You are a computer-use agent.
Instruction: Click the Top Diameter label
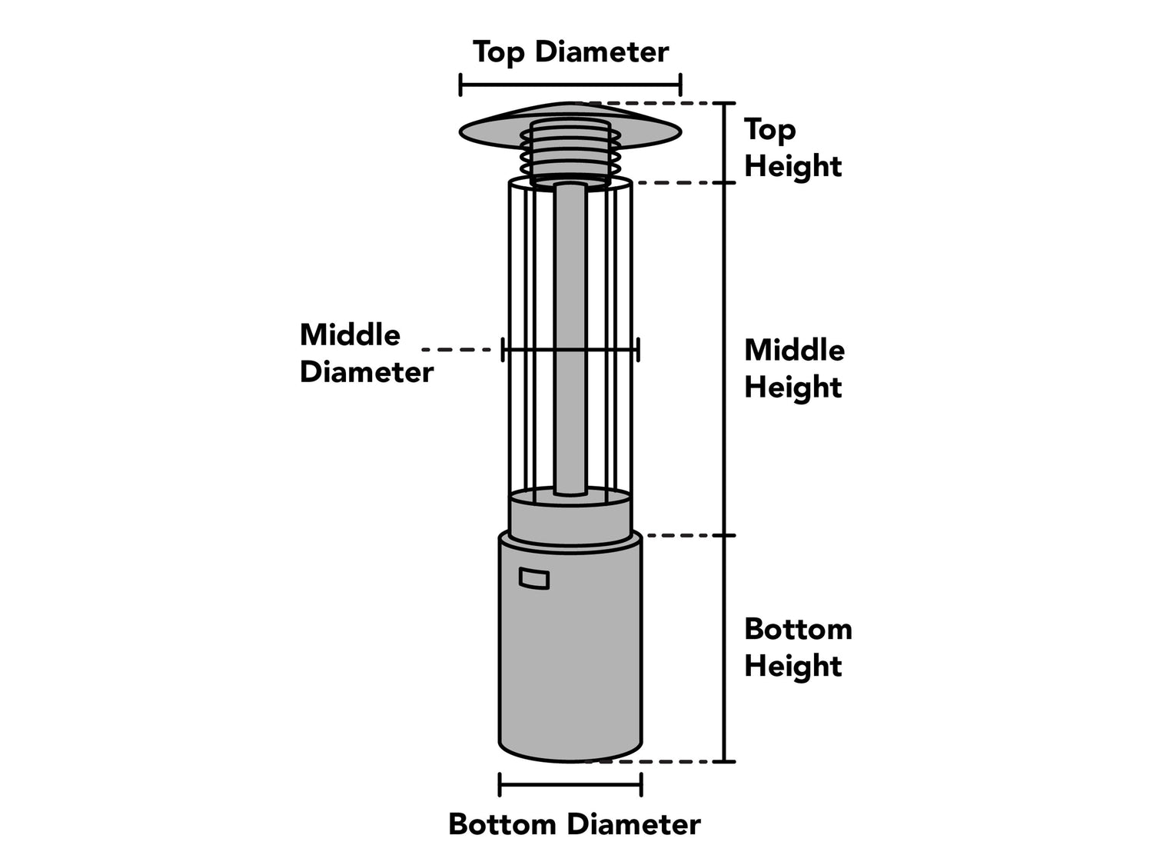[570, 52]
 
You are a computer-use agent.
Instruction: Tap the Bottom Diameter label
[574, 824]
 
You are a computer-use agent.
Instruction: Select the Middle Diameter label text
[367, 353]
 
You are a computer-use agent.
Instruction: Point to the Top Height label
[792, 148]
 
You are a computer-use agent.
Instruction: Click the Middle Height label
[794, 368]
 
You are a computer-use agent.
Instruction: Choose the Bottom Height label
[798, 647]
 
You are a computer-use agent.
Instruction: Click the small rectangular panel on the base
[534, 578]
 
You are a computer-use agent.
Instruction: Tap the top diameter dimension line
[570, 85]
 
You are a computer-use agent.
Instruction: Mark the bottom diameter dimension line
[570, 785]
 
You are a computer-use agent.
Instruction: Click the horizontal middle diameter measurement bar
[570, 350]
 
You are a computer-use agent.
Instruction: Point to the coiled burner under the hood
[570, 154]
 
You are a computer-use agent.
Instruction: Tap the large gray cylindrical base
[570, 661]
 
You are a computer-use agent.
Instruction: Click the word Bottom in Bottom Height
[798, 629]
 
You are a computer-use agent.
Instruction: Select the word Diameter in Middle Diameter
[367, 372]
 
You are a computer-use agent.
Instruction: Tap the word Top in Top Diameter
[498, 52]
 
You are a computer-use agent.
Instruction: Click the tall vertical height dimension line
[724, 431]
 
